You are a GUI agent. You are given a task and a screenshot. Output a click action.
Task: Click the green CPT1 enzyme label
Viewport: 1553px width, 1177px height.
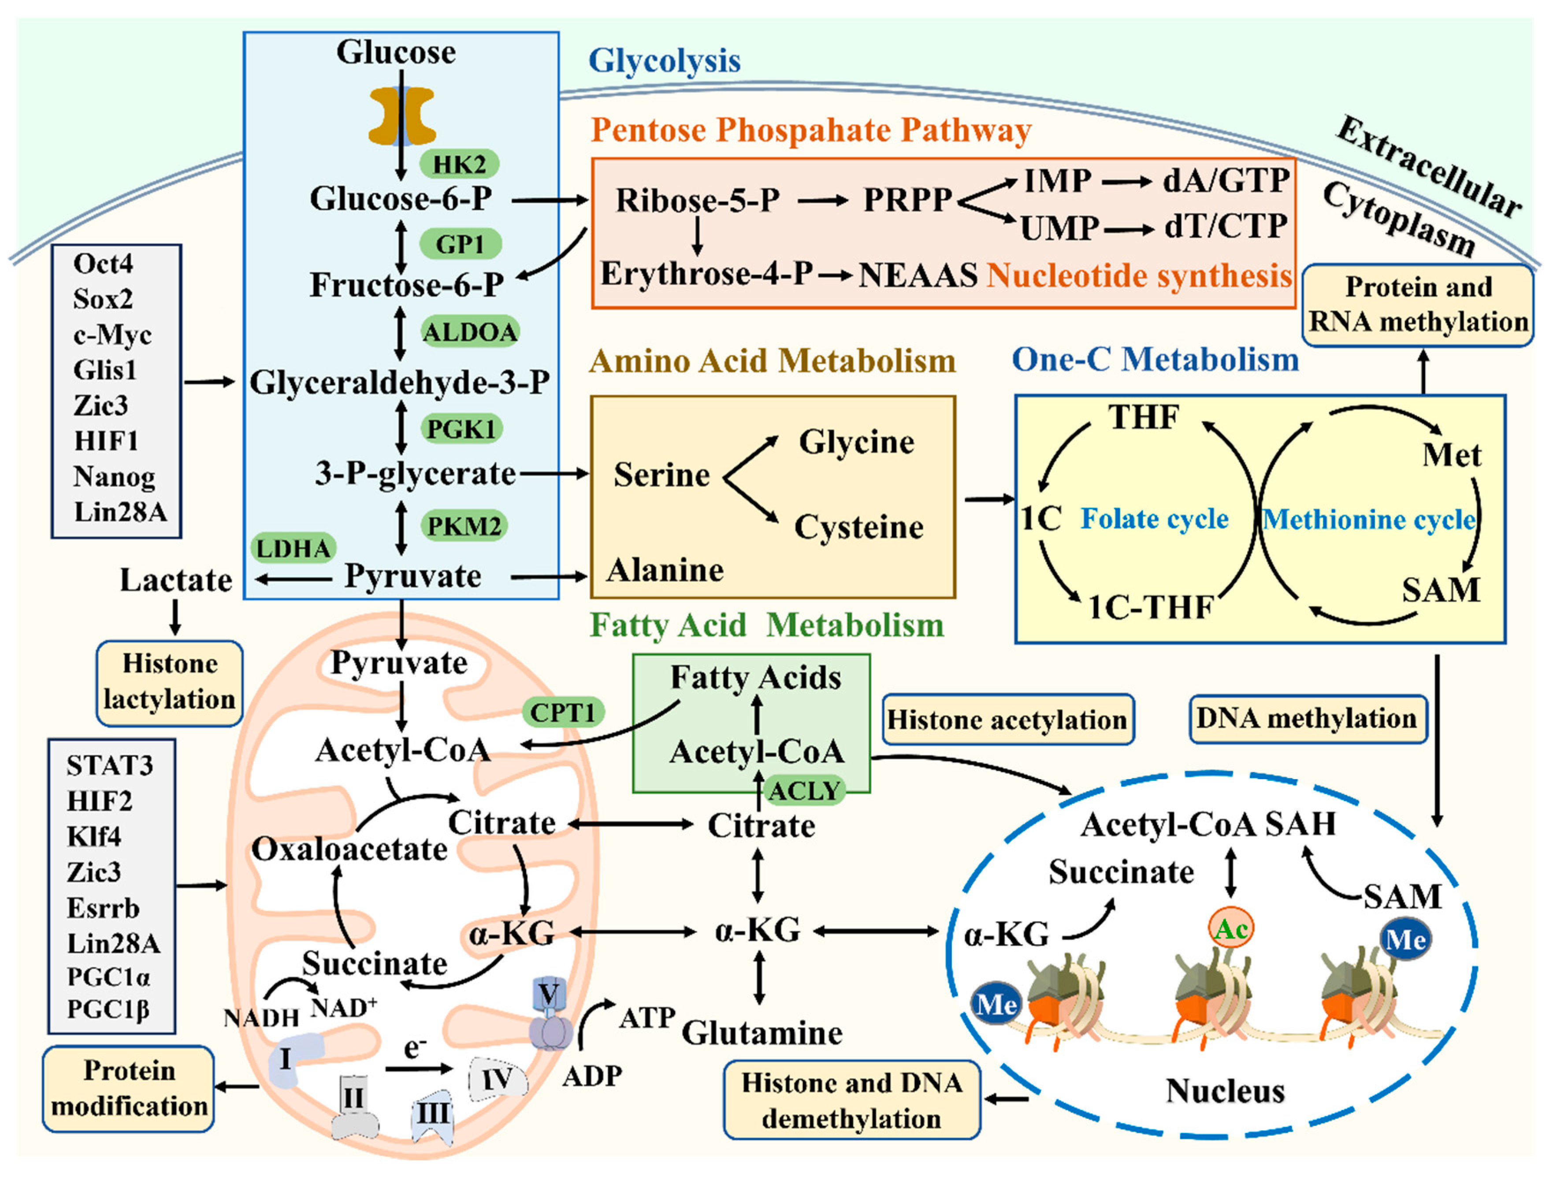point(562,713)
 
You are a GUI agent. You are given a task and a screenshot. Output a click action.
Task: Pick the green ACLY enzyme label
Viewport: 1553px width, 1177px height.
point(804,791)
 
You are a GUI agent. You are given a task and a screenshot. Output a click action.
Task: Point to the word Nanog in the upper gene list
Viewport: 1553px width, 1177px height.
point(114,477)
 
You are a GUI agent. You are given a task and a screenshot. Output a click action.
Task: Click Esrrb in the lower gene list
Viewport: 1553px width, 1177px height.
point(103,908)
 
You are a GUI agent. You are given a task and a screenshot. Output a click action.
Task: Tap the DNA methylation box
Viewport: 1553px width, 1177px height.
point(1307,719)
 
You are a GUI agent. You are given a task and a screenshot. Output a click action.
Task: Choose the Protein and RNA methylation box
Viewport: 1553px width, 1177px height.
point(1418,305)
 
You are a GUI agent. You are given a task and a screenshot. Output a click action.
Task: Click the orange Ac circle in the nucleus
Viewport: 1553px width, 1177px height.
point(1231,928)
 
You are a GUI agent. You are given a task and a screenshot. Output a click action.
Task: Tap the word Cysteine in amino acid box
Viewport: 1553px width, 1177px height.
point(858,527)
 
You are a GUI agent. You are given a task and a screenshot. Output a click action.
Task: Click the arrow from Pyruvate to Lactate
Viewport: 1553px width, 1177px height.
point(294,579)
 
